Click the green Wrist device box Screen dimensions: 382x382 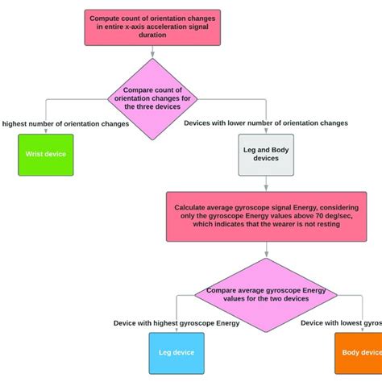46,154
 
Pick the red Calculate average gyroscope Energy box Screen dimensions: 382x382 266,216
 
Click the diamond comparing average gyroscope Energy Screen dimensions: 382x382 266,296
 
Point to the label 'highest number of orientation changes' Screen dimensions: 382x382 54,123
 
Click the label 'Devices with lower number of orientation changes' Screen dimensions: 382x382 266,123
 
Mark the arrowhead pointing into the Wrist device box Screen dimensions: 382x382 46,130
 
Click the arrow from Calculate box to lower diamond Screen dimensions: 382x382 266,250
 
